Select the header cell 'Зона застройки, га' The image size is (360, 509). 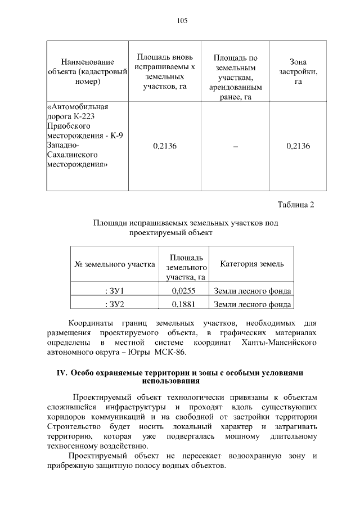point(298,71)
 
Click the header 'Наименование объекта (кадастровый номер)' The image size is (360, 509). point(87,71)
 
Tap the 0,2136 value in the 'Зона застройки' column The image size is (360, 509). point(298,146)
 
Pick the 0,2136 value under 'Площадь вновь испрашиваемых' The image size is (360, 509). point(165,146)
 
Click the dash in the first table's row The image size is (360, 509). point(235,146)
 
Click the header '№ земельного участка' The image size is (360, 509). point(115,264)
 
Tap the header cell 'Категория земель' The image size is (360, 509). point(251,264)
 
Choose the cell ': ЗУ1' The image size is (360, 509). point(115,291)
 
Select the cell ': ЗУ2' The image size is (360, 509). point(115,304)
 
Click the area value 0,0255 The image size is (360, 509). point(183,291)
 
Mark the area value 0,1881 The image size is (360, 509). point(183,304)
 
